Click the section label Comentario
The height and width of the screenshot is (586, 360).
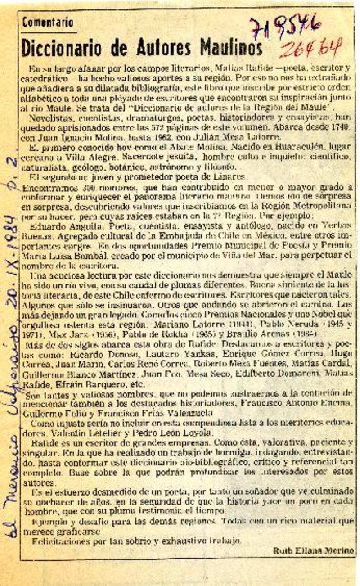(x=47, y=21)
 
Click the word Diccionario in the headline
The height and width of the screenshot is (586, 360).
(x=61, y=46)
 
